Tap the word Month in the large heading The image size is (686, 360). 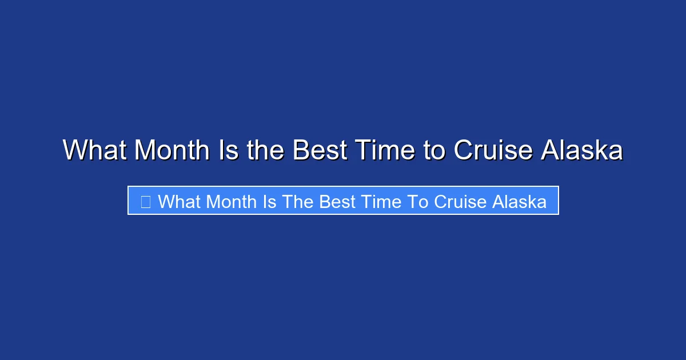(x=172, y=150)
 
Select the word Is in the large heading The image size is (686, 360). (x=229, y=150)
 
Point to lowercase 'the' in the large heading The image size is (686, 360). (x=266, y=150)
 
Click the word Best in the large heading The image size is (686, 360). (x=320, y=150)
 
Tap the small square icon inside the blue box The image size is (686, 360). (x=146, y=202)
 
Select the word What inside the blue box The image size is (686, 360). (x=179, y=202)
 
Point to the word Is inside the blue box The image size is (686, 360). (x=270, y=202)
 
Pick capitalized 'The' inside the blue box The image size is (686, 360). (x=298, y=202)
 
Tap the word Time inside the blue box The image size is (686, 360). (x=379, y=202)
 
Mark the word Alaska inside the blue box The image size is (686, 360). (x=517, y=202)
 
